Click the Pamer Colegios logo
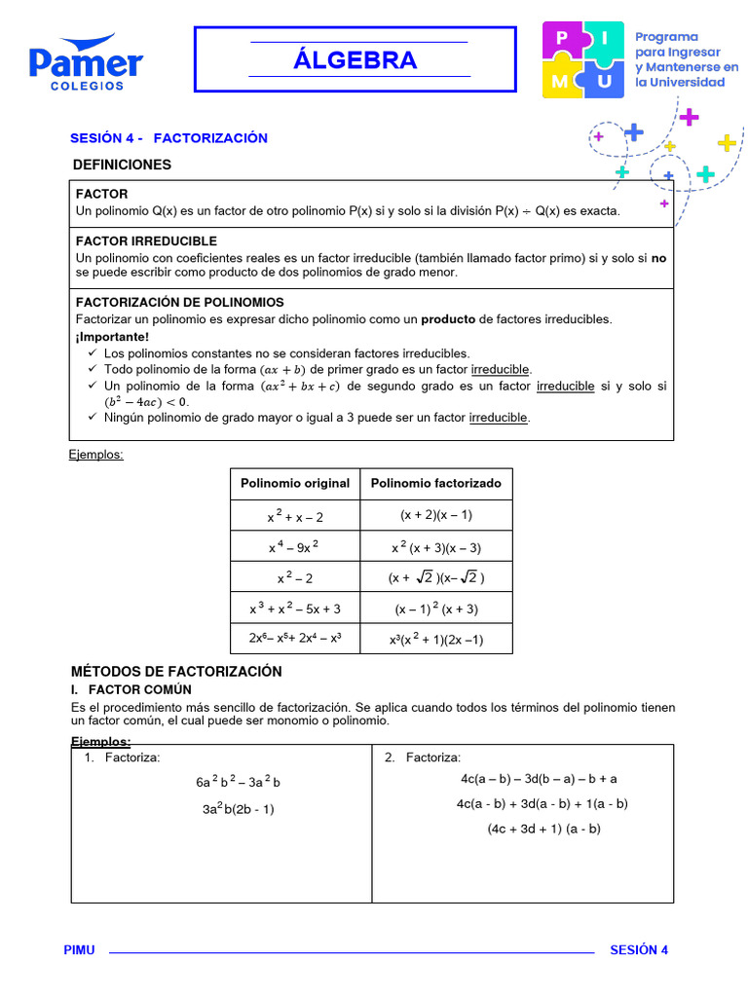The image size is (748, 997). tap(86, 63)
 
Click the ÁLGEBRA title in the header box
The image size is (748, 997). tap(355, 60)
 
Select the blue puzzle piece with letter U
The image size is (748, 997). tap(605, 82)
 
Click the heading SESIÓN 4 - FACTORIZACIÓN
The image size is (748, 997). tap(168, 138)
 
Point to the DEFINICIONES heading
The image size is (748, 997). tap(122, 165)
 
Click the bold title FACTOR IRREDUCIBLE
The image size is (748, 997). tap(146, 240)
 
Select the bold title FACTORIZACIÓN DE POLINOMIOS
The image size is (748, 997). tap(179, 302)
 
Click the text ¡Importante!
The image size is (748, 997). tap(112, 337)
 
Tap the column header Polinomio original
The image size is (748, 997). tap(295, 483)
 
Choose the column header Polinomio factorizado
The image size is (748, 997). tap(436, 483)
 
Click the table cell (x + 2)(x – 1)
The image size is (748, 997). tap(436, 515)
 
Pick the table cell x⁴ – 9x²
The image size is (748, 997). tap(295, 547)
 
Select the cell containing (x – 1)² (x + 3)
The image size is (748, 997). tap(436, 609)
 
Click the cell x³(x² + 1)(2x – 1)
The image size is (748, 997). tap(436, 640)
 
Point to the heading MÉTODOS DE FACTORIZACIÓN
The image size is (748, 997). tap(176, 672)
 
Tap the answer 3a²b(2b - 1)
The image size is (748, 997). tap(239, 808)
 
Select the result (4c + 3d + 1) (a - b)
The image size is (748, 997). tap(544, 829)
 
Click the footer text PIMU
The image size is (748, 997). tap(79, 950)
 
